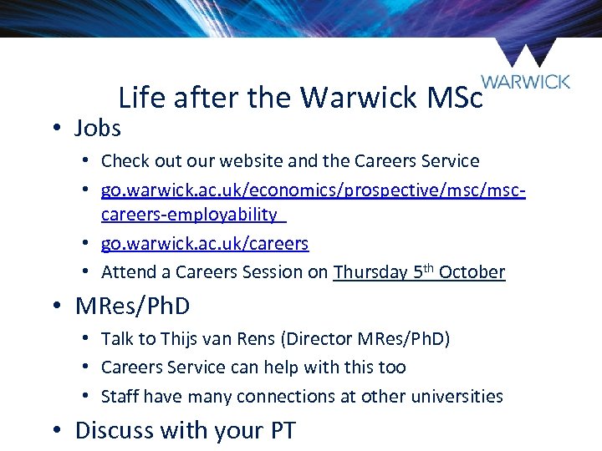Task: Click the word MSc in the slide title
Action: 455,99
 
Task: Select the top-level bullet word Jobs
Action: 98,129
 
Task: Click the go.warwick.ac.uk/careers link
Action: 205,244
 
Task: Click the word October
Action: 472,272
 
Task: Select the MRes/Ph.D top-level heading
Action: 132,306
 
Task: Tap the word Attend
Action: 126,272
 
